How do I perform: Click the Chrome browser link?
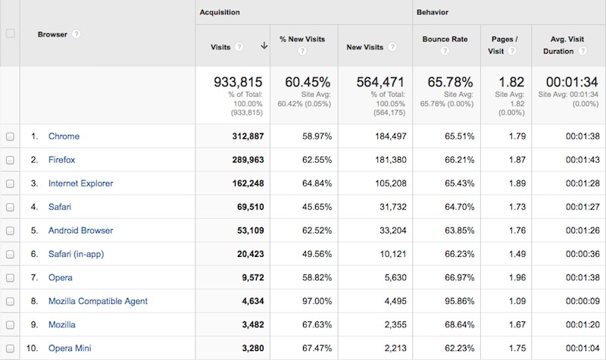tap(64, 136)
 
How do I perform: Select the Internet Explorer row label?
tap(82, 183)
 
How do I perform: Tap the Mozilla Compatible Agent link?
tap(98, 301)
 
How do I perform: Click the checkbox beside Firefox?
tap(10, 160)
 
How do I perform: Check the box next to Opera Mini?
tap(10, 348)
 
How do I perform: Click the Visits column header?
tap(220, 46)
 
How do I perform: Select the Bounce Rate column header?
tap(445, 39)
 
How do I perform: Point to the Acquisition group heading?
tap(220, 13)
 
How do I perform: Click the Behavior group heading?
tap(433, 13)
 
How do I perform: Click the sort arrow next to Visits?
tap(264, 45)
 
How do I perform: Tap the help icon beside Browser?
tap(77, 34)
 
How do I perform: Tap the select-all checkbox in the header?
tap(10, 33)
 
